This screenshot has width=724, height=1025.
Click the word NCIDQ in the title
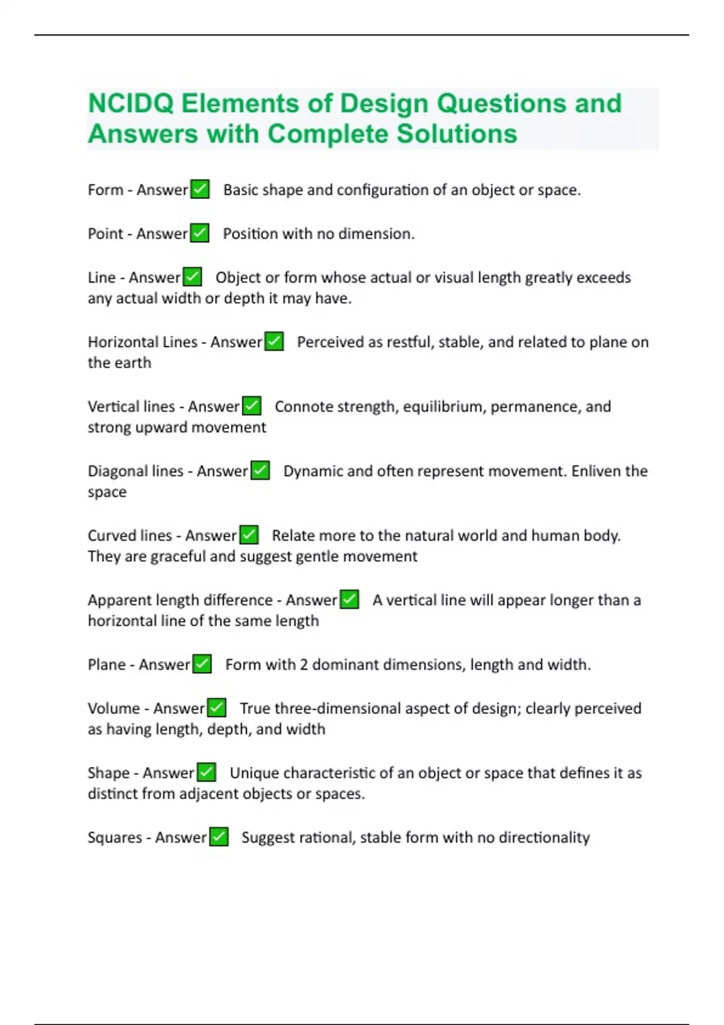click(x=131, y=104)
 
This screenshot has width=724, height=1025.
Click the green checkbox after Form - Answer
click(x=200, y=189)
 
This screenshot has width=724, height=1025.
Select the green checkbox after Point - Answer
click(x=200, y=233)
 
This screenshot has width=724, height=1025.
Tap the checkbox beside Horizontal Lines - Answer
click(x=274, y=342)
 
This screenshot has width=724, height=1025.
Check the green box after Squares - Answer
click(x=218, y=837)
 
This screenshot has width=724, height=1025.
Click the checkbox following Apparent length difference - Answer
click(x=349, y=600)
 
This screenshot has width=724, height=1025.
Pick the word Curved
click(x=111, y=535)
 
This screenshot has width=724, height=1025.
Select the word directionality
click(x=544, y=837)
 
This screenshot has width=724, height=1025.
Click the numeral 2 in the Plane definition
click(x=303, y=664)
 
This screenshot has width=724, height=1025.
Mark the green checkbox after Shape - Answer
click(x=206, y=772)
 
